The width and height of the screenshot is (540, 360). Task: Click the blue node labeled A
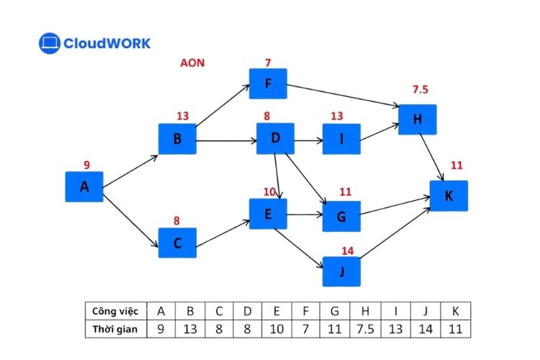point(84,187)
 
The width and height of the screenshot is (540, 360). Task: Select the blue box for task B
point(177,139)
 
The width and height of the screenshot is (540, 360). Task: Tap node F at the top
point(268,84)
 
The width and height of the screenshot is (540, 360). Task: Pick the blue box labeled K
point(449,195)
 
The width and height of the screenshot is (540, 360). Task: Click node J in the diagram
point(341,271)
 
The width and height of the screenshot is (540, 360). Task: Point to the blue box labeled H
point(418,120)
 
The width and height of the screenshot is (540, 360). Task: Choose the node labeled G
point(341,216)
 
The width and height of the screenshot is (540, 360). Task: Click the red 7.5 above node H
point(420,89)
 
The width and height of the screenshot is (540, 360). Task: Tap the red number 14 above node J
point(347,251)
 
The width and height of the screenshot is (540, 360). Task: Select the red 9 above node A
point(86,165)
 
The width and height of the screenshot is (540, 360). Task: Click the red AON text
point(192,63)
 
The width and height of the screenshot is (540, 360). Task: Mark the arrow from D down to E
point(277,176)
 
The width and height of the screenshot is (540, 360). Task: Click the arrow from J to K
point(396,234)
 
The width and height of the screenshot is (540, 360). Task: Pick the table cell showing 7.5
point(366,329)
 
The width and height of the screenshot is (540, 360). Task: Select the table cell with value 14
point(424,329)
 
